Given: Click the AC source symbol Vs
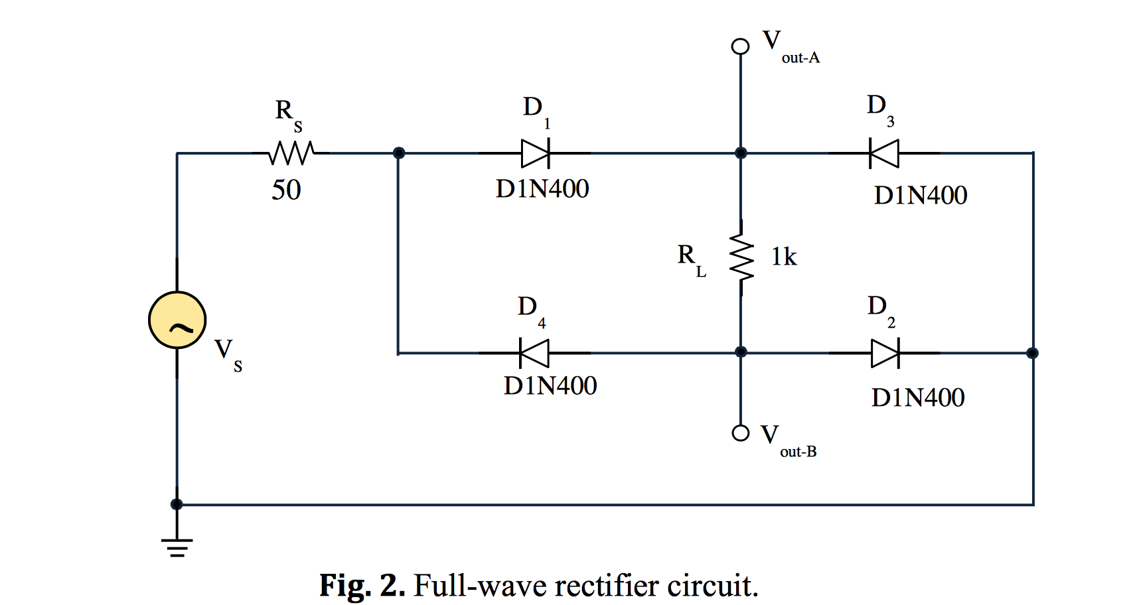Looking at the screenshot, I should coord(177,320).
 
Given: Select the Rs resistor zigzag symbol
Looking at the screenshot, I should coord(291,153).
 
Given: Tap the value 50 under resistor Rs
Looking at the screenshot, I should coord(286,190).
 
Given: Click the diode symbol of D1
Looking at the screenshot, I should coord(536,153).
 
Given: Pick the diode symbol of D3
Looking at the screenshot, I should coord(883,153).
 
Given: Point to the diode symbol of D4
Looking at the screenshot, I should coord(534,353).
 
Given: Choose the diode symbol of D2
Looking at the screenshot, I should coord(885,353).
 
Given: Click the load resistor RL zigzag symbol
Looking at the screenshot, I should coord(741,257).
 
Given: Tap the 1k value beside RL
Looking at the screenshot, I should coord(784,257).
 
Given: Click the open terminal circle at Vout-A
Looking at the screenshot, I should coord(740,46).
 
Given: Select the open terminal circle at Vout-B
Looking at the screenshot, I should coord(740,433).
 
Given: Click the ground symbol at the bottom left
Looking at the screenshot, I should coord(177,546).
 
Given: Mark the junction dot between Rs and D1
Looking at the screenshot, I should coord(398,153).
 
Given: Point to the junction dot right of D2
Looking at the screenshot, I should coord(1032,353).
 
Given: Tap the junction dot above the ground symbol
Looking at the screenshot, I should coord(177,504).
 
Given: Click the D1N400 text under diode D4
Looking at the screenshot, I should coord(550,385).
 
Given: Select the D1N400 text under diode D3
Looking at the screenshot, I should coord(921,195).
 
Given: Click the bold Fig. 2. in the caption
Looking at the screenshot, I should coord(362,586).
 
